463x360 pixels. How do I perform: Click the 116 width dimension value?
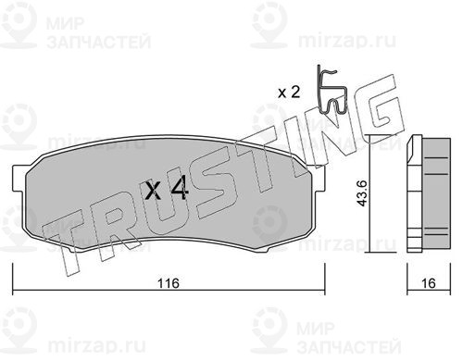(x=169, y=283)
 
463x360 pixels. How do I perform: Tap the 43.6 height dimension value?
(x=361, y=193)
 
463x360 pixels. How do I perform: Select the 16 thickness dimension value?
(x=429, y=283)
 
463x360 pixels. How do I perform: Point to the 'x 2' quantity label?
(x=289, y=92)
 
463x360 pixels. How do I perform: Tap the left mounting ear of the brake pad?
(x=19, y=178)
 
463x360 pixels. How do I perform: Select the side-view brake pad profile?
(x=429, y=193)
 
